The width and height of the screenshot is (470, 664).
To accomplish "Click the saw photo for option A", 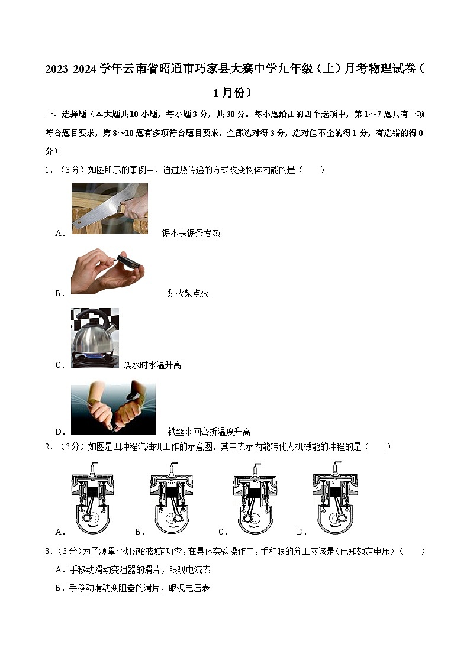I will pyautogui.click(x=110, y=208).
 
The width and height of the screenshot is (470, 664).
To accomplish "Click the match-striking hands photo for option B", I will pyautogui.click(x=108, y=271).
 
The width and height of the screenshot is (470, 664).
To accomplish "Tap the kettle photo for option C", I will pyautogui.click(x=95, y=338).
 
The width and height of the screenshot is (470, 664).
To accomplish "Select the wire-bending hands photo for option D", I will pyautogui.click(x=113, y=408).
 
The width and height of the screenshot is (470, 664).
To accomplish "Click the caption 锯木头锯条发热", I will pyautogui.click(x=191, y=233).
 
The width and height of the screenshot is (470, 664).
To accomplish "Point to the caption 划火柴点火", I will pyautogui.click(x=188, y=293).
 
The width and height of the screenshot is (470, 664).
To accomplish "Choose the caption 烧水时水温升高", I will pyautogui.click(x=152, y=365).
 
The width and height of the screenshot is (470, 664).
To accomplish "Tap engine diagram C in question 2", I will pyautogui.click(x=255, y=497).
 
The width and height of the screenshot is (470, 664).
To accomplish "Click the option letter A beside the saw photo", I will pyautogui.click(x=59, y=233).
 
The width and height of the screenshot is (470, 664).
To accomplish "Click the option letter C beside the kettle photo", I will pyautogui.click(x=59, y=365).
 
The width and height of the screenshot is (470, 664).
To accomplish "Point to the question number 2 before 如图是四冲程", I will pyautogui.click(x=47, y=447).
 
